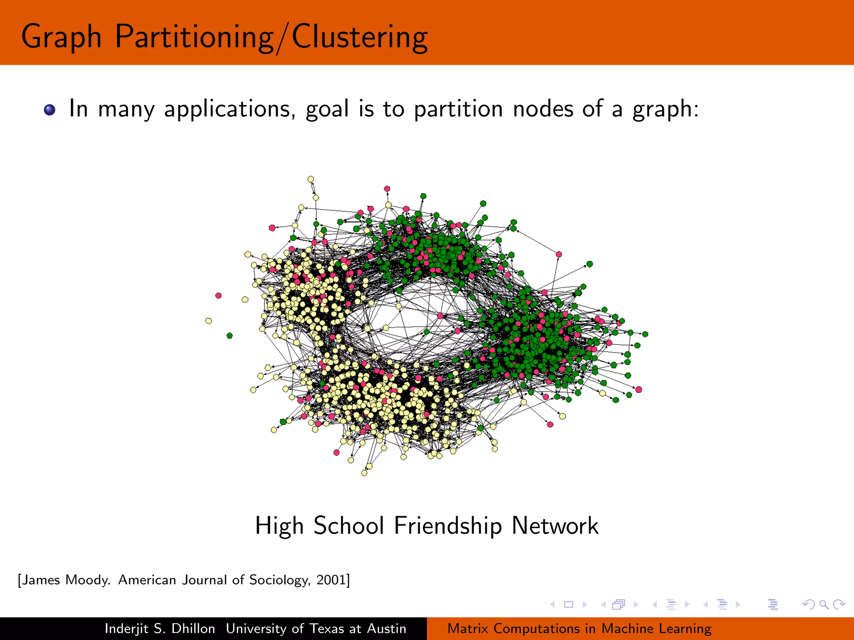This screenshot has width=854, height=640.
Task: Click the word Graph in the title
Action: pyautogui.click(x=61, y=37)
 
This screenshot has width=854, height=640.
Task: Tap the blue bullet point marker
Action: pyautogui.click(x=50, y=110)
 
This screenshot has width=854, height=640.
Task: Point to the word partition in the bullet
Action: pyautogui.click(x=458, y=110)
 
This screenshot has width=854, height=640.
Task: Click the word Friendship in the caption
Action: pyautogui.click(x=448, y=526)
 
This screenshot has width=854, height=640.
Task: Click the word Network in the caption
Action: pyautogui.click(x=555, y=526)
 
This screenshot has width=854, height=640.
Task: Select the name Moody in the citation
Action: pyautogui.click(x=88, y=580)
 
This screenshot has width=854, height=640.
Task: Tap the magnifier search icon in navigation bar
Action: pyautogui.click(x=824, y=604)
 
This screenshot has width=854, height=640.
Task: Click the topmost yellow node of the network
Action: pyautogui.click(x=311, y=179)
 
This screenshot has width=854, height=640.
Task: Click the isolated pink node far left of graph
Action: pyautogui.click(x=219, y=295)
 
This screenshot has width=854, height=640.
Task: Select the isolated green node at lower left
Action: pyautogui.click(x=229, y=335)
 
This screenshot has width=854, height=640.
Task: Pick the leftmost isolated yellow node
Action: pyautogui.click(x=208, y=321)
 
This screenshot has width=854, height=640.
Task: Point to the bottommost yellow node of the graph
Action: pyautogui.click(x=364, y=473)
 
